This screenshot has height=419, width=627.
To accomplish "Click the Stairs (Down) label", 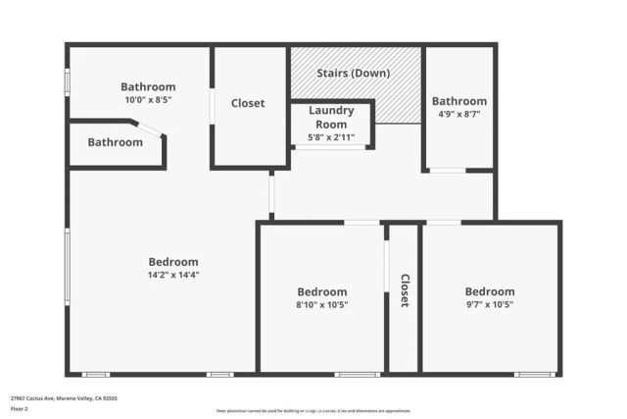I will pyautogui.click(x=354, y=74).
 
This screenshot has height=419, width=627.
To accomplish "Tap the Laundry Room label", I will pyautogui.click(x=331, y=117).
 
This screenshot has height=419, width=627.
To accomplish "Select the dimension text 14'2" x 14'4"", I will pyautogui.click(x=173, y=275).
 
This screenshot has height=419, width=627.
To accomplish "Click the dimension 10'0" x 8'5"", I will pyautogui.click(x=148, y=99).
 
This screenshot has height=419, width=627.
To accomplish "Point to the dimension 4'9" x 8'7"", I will pyautogui.click(x=458, y=114).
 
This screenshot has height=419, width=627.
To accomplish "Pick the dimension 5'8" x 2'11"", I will pyautogui.click(x=331, y=137).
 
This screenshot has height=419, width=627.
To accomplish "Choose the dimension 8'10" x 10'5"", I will pyautogui.click(x=322, y=305).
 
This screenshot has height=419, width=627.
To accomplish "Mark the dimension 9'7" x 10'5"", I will pyautogui.click(x=489, y=305).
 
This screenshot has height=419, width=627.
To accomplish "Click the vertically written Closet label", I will pyautogui.click(x=404, y=290).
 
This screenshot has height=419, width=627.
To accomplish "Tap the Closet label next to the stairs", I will pyautogui.click(x=248, y=103).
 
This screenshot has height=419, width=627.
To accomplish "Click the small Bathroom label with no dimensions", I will pyautogui.click(x=115, y=142).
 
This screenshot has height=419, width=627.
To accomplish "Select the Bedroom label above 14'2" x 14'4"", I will pyautogui.click(x=173, y=262).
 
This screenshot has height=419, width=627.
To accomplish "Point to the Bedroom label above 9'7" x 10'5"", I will pyautogui.click(x=489, y=291).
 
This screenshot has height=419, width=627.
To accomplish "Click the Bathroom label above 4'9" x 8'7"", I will pyautogui.click(x=458, y=101).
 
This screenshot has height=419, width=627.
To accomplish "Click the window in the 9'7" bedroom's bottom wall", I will pyautogui.click(x=535, y=374).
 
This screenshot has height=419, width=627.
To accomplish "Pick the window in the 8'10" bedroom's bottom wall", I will pyautogui.click(x=357, y=374).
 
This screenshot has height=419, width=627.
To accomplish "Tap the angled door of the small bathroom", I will pyautogui.click(x=150, y=130).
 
